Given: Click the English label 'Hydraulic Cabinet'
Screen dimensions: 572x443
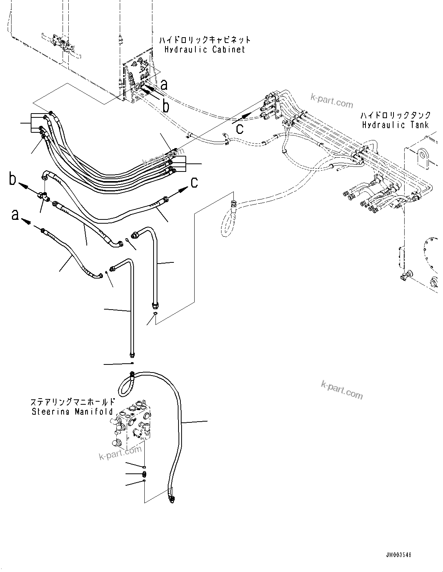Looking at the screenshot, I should pos(205,49).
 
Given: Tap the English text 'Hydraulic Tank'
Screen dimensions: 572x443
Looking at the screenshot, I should pos(395,125).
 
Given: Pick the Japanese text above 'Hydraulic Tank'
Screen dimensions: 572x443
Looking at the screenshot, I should pos(395,115).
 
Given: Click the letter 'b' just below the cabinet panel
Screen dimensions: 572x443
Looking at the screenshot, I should pos(166,106).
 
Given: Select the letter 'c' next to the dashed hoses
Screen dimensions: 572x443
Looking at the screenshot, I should pos(240,129).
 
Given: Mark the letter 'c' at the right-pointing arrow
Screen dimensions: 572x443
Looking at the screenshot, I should pos(195,183).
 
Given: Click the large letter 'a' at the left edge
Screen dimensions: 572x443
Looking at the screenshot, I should pos(15,215).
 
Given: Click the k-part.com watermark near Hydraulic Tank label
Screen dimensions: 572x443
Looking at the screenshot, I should pos(332,102).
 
